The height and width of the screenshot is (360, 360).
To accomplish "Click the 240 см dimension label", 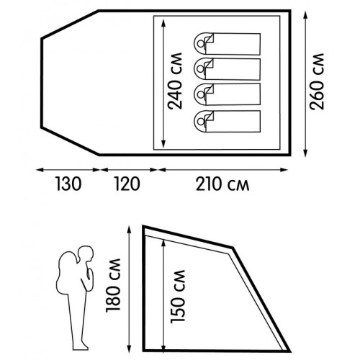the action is (x=175, y=81).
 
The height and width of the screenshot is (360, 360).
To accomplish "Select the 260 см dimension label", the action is (x=317, y=81).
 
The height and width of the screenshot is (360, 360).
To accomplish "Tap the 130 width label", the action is (x=68, y=184).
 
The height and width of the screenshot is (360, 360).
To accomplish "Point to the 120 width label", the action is (x=127, y=184).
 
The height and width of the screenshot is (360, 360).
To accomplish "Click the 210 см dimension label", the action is (x=222, y=184).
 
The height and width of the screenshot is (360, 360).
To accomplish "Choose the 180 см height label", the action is (x=113, y=285).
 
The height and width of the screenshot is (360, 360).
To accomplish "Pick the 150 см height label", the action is (x=178, y=297).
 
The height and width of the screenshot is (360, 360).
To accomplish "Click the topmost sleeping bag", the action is (x=227, y=44).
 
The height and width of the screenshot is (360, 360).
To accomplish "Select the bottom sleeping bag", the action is (x=227, y=121).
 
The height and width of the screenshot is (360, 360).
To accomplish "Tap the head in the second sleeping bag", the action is (x=200, y=69).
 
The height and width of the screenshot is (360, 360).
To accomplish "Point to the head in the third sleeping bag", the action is (x=200, y=94).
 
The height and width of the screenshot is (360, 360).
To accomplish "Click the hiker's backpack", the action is (x=67, y=273).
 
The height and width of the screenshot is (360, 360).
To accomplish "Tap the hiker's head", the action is (x=86, y=254).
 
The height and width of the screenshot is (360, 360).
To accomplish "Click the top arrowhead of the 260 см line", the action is (x=305, y=15).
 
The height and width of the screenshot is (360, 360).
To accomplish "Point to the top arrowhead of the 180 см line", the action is (x=130, y=230).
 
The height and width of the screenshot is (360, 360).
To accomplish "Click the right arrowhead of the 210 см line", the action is (x=284, y=170).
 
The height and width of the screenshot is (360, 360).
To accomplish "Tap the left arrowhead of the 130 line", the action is (x=40, y=170).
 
